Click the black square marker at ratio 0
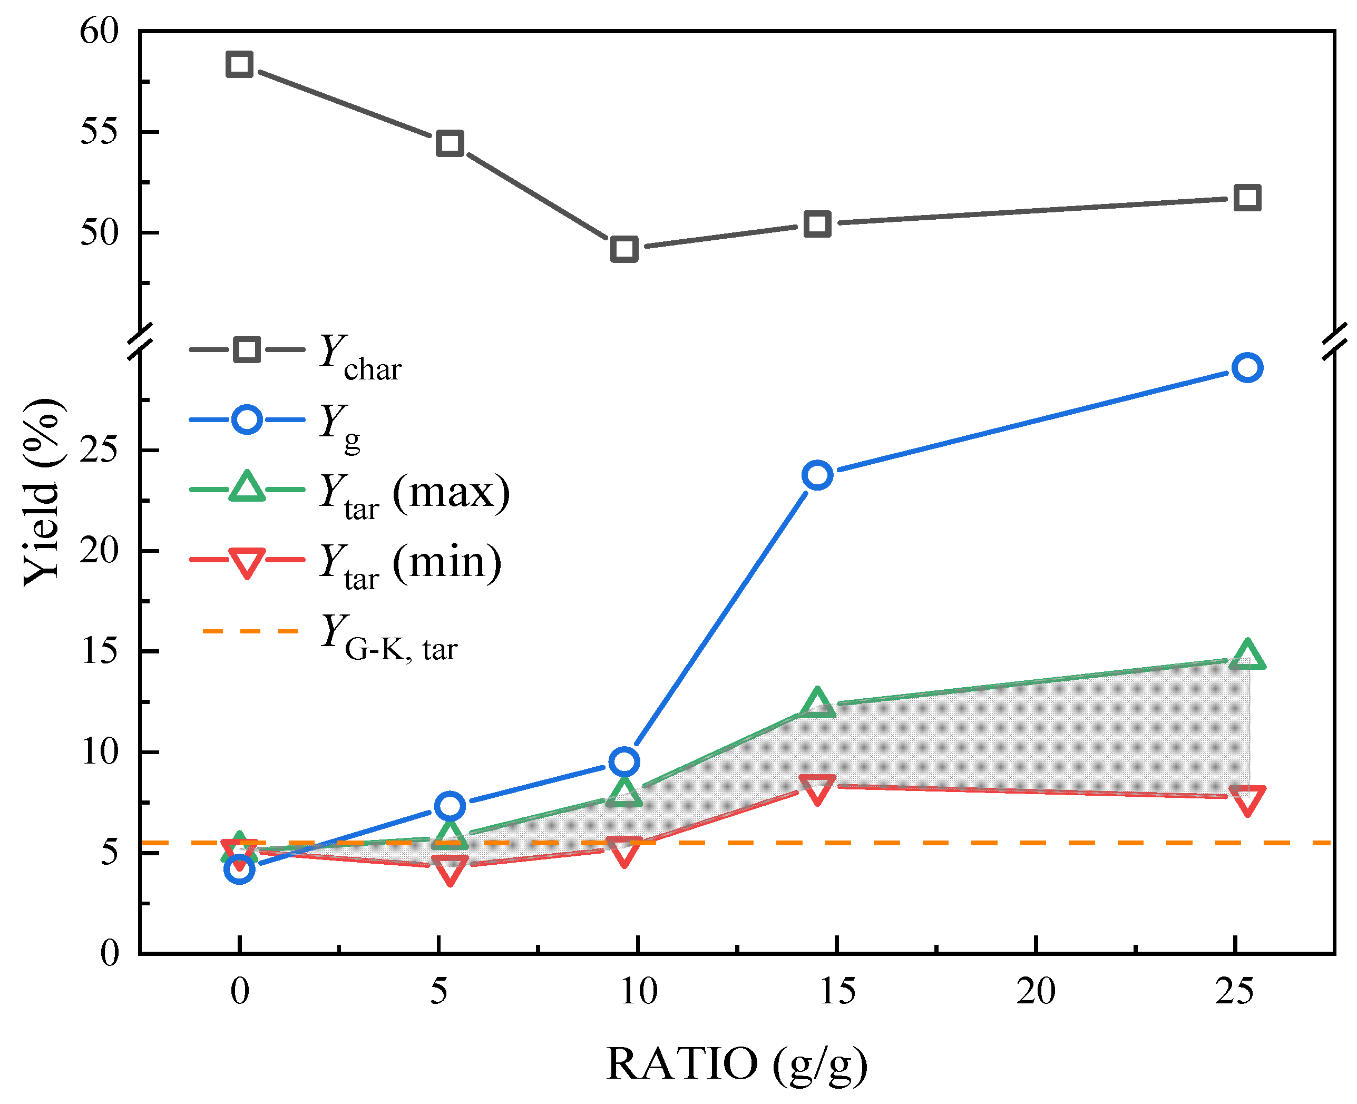click(x=239, y=64)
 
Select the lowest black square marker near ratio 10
click(x=624, y=249)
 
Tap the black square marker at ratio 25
click(x=1247, y=198)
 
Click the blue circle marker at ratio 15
click(x=817, y=475)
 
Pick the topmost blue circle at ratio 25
click(x=1247, y=368)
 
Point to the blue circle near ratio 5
click(x=450, y=806)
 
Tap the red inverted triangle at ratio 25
click(x=1247, y=799)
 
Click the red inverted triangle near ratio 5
click(x=450, y=868)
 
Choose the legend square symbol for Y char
click(x=246, y=349)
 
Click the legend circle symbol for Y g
click(x=246, y=419)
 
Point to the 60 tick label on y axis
click(x=99, y=31)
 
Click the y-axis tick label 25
click(x=99, y=450)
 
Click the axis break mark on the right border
click(x=1335, y=341)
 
